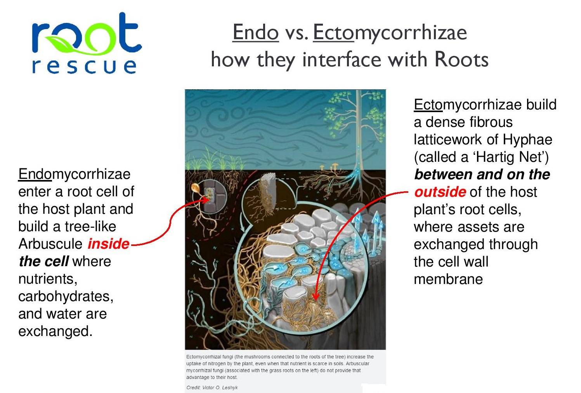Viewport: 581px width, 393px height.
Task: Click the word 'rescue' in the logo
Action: click(x=84, y=67)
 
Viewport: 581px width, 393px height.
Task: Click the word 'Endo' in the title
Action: click(x=255, y=33)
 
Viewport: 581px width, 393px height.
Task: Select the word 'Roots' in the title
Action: click(x=461, y=59)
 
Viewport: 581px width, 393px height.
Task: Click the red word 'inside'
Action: click(x=108, y=244)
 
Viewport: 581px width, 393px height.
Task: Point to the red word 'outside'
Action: click(x=440, y=192)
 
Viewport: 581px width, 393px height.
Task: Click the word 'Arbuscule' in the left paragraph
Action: click(x=50, y=244)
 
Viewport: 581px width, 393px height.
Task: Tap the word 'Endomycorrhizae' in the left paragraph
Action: click(x=74, y=174)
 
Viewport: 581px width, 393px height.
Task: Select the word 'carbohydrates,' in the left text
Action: click(x=66, y=296)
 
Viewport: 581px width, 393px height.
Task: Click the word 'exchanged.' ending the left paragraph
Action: click(x=55, y=331)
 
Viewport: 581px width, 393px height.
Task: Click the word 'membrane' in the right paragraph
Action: click(x=448, y=279)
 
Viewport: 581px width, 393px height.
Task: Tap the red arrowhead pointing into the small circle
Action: click(x=206, y=199)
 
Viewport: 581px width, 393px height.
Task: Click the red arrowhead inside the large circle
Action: click(x=316, y=296)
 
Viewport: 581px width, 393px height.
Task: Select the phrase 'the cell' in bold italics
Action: click(x=44, y=261)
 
